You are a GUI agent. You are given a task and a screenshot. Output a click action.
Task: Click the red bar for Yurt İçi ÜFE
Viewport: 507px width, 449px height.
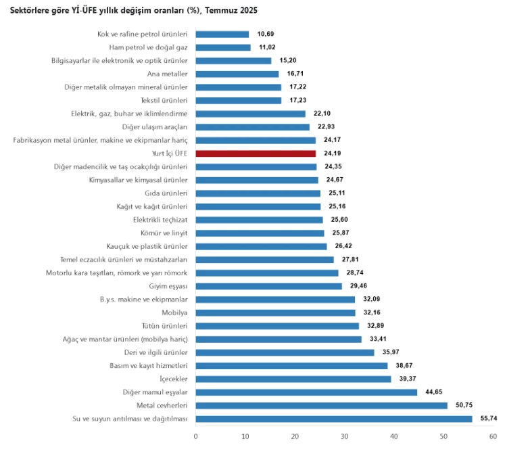[x=256, y=153]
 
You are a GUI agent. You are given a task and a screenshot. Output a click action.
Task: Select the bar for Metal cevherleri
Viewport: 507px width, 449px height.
[x=321, y=406]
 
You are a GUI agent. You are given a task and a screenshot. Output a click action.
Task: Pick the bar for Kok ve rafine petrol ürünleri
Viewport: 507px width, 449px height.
[x=222, y=34]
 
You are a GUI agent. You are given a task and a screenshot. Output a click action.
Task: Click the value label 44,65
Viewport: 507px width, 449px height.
[x=435, y=392]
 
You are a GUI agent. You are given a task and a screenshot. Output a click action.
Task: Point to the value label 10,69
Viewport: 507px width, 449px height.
[x=266, y=34]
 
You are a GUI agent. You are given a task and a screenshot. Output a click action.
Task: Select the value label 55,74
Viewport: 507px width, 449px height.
[x=489, y=419]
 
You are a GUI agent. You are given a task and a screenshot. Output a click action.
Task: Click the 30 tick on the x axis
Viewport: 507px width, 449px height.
[x=345, y=436]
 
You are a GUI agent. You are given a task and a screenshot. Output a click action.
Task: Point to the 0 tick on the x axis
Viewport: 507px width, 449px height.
[x=195, y=436]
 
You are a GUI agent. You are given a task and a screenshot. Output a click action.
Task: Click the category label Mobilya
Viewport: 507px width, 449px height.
[x=174, y=313]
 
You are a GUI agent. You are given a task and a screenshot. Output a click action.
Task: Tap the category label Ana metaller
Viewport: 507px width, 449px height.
[x=167, y=74]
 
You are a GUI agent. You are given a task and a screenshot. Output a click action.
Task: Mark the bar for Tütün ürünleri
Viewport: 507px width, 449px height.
[x=277, y=326]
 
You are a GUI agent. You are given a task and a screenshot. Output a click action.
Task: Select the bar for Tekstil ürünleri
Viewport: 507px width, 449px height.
[x=238, y=101]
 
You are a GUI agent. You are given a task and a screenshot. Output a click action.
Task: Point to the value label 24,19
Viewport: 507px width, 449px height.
[x=333, y=153]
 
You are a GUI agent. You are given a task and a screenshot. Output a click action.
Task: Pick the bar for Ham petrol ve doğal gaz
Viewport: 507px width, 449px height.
[x=222, y=47]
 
